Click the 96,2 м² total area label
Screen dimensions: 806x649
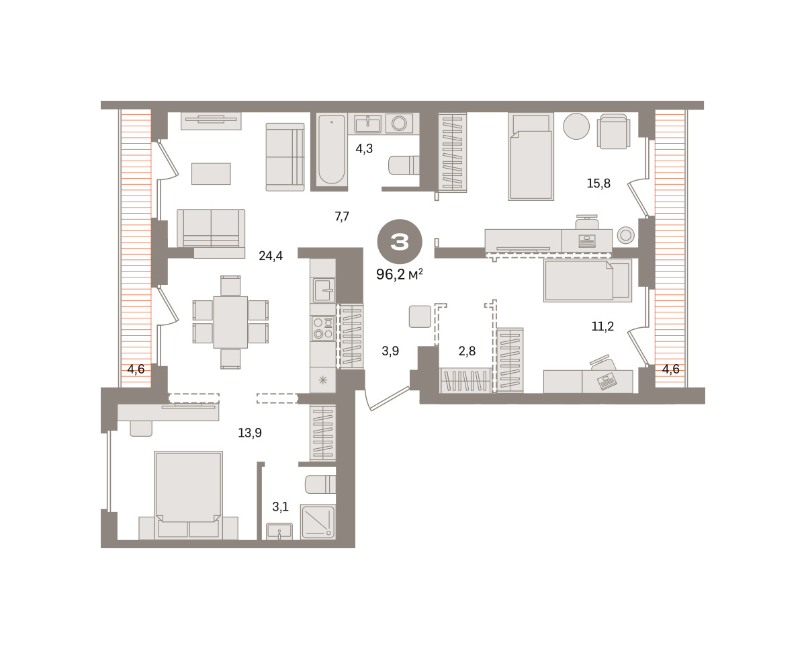pyautogui.click(x=400, y=275)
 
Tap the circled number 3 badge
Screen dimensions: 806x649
pyautogui.click(x=400, y=242)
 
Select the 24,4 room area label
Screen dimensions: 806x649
pyautogui.click(x=271, y=256)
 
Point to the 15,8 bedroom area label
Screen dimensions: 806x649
pyautogui.click(x=598, y=183)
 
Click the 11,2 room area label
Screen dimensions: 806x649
pyautogui.click(x=602, y=327)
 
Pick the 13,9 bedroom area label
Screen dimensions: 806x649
pyautogui.click(x=250, y=433)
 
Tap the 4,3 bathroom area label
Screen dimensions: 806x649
pyautogui.click(x=364, y=148)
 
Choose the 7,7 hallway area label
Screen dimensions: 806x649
pyautogui.click(x=342, y=216)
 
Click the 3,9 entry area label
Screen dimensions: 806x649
pyautogui.click(x=390, y=351)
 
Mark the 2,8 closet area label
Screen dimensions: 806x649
pyautogui.click(x=467, y=351)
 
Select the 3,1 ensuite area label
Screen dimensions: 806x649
pyautogui.click(x=280, y=507)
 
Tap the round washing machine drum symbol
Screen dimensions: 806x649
pyautogui.click(x=399, y=123)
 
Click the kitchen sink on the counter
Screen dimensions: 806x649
pyautogui.click(x=324, y=290)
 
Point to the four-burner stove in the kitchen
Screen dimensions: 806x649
pyautogui.click(x=323, y=329)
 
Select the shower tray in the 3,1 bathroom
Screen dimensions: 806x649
pyautogui.click(x=318, y=522)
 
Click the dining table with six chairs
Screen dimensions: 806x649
pyautogui.click(x=230, y=322)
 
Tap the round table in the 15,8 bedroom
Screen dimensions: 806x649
pyautogui.click(x=576, y=126)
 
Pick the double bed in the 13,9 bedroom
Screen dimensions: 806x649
pyautogui.click(x=188, y=495)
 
